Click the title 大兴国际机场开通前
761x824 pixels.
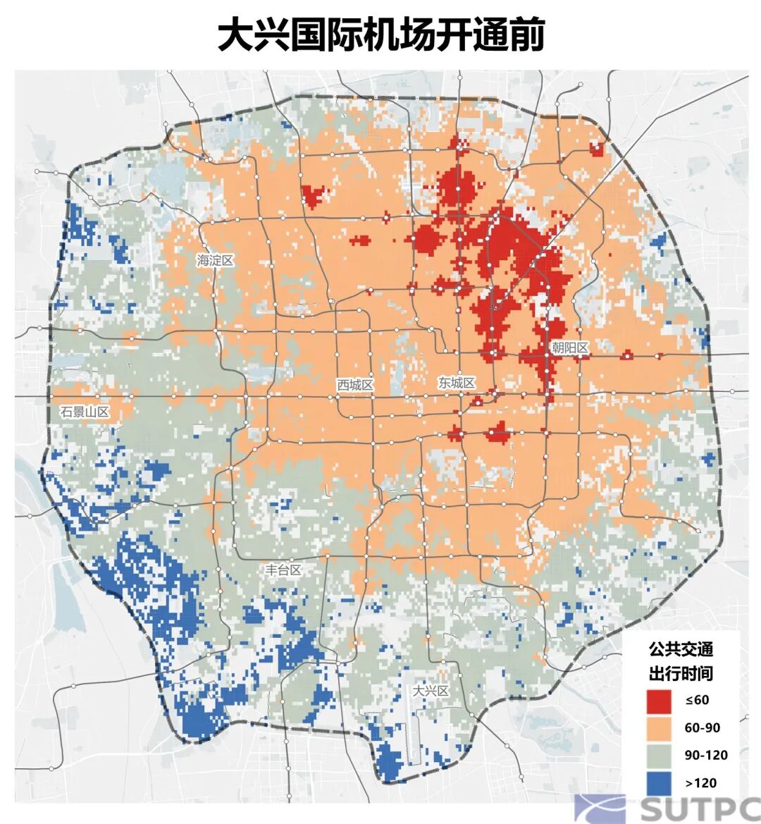click(380, 35)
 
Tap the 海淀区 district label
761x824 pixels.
click(215, 261)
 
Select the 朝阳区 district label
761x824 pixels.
click(570, 347)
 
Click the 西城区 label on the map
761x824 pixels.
click(354, 385)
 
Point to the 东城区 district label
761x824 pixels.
click(457, 383)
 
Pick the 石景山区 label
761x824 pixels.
click(85, 412)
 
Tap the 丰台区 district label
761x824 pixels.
click(283, 570)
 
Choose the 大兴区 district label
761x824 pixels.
click(431, 691)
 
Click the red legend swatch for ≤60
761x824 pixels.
click(660, 700)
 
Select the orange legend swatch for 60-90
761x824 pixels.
click(660, 727)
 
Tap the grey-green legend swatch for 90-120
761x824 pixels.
click(660, 755)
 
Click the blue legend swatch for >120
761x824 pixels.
click(660, 782)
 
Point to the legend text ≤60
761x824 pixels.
click(697, 700)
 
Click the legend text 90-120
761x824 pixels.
click(706, 755)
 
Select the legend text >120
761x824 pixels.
click(700, 782)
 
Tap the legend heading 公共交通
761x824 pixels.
click(681, 648)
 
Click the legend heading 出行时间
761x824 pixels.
click(681, 673)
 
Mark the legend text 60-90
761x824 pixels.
click(703, 727)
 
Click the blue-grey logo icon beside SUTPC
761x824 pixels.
click(599, 808)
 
